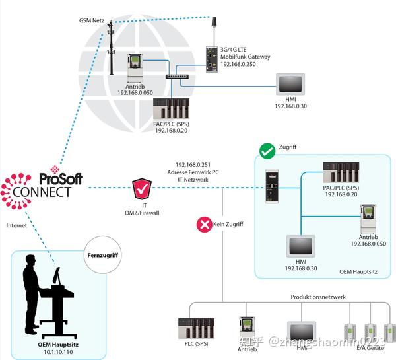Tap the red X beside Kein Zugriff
click(203, 225)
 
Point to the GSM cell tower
click(110, 48)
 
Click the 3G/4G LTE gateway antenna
click(214, 24)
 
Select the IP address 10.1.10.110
click(49, 352)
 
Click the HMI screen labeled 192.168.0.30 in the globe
click(292, 85)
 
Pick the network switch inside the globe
click(177, 78)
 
